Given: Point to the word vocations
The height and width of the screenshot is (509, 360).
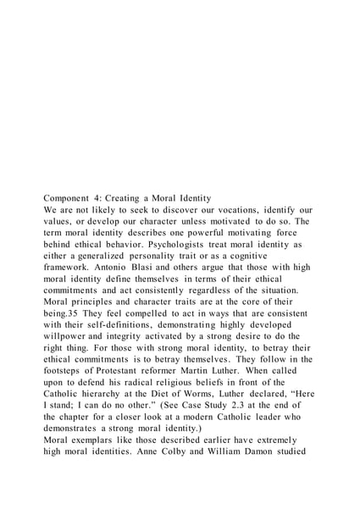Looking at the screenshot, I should coord(231,229).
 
